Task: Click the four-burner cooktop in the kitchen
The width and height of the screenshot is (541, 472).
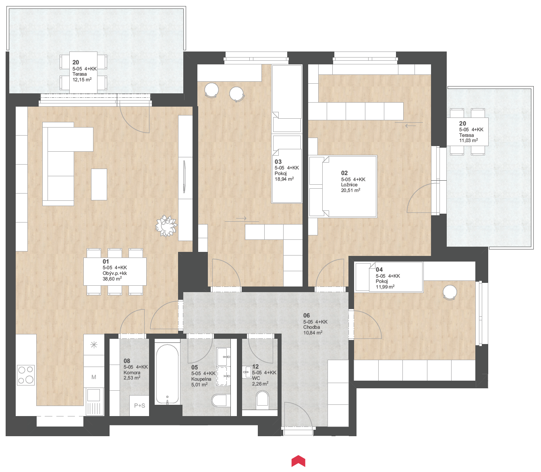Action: (x=26, y=375)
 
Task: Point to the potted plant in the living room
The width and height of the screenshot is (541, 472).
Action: (x=166, y=226)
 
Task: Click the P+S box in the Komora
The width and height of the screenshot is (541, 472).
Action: (x=139, y=406)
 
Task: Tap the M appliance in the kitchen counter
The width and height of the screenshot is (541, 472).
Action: (x=94, y=377)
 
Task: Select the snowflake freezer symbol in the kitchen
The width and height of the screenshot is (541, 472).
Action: (x=94, y=345)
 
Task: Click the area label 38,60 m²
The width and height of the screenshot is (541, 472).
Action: (x=112, y=279)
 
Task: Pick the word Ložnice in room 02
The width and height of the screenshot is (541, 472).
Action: (x=349, y=185)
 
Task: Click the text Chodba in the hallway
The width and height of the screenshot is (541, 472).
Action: (x=311, y=327)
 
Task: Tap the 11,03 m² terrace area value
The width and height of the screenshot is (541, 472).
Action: (x=468, y=140)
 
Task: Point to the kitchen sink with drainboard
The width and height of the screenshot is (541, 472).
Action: (x=94, y=402)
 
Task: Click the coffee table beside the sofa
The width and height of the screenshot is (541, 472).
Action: (x=99, y=184)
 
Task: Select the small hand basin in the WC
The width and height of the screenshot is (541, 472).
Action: (x=247, y=372)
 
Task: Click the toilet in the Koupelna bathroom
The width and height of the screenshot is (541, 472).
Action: (x=219, y=401)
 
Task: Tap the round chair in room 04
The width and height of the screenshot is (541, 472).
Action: (x=450, y=293)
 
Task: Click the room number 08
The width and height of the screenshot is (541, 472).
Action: (x=127, y=361)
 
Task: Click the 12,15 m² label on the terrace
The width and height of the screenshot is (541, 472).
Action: (x=82, y=80)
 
